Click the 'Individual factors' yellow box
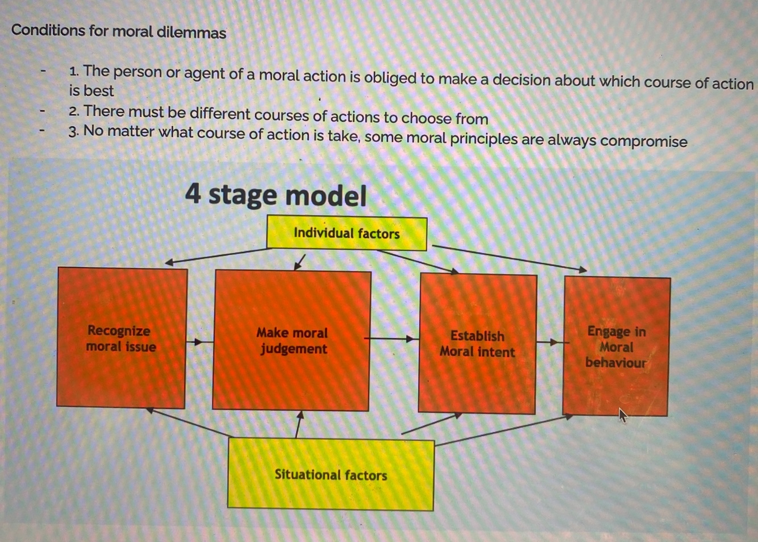pos(347,233)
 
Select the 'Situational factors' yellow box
pos(331,475)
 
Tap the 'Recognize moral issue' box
pos(121,338)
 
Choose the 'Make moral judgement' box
pos(291,340)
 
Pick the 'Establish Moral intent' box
pos(477,344)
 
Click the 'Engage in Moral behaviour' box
pos(616,346)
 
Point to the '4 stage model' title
pos(276,195)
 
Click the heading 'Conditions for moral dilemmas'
pos(119,31)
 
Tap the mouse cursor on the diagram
pos(623,416)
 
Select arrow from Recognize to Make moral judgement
pos(196,342)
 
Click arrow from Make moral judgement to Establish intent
pos(392,339)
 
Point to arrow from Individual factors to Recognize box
pos(216,255)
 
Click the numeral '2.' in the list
pos(74,112)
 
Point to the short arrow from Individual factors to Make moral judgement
pos(300,262)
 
